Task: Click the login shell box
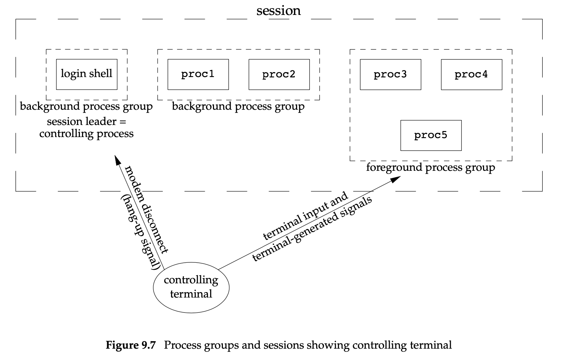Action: click(x=87, y=74)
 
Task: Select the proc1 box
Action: click(x=198, y=74)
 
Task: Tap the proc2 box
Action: click(x=279, y=74)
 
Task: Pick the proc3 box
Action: click(x=390, y=74)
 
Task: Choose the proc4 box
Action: click(x=471, y=74)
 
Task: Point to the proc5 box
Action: click(x=431, y=135)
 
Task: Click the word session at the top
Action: click(x=279, y=10)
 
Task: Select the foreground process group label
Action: click(x=430, y=167)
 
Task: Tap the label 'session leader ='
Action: click(x=87, y=122)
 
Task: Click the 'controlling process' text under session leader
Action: click(x=87, y=134)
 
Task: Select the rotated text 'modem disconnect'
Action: click(x=147, y=209)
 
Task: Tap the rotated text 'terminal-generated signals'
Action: click(x=312, y=229)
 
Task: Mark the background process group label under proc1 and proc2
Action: click(x=238, y=106)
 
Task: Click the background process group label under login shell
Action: click(x=86, y=106)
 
